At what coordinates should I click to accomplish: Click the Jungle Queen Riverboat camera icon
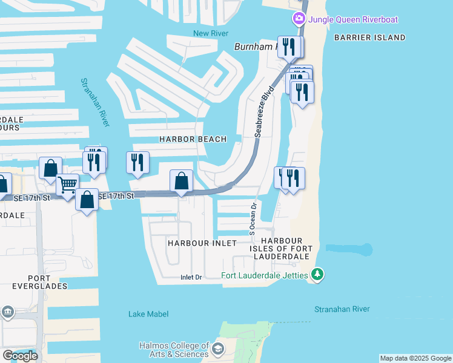tap(299, 19)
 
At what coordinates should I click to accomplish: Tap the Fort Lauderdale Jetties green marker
tap(317, 275)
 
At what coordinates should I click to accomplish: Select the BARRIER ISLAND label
tap(369, 38)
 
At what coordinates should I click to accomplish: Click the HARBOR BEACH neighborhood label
tap(193, 139)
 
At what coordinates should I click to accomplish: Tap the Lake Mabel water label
tap(148, 313)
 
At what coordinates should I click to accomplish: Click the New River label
tap(210, 33)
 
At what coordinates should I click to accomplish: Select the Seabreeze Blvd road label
tap(264, 111)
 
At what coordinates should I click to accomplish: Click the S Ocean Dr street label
tap(253, 218)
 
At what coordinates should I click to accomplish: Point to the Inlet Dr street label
tap(191, 278)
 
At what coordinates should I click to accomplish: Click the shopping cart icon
tap(68, 184)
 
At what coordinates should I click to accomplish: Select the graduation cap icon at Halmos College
tap(217, 350)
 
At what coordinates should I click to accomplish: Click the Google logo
tap(20, 356)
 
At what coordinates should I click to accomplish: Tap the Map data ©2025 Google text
tap(415, 358)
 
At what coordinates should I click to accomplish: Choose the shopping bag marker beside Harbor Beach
tap(181, 180)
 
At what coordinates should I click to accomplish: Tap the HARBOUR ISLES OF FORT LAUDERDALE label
tap(282, 249)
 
